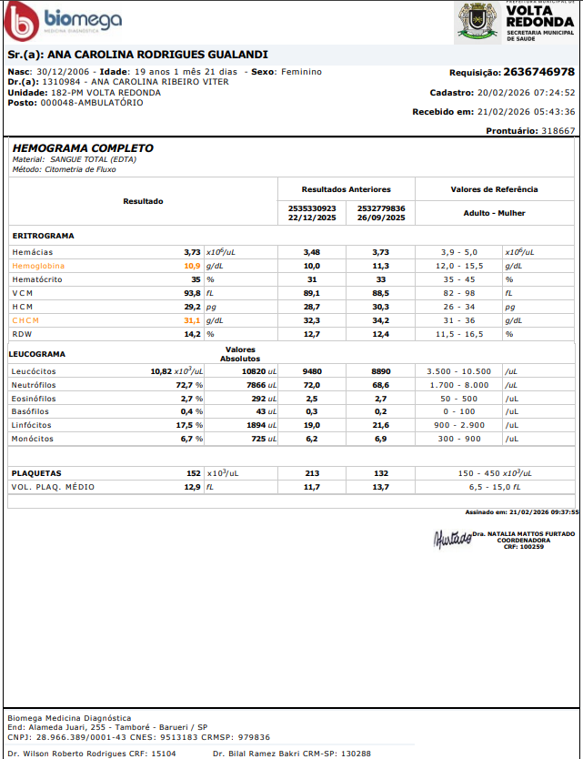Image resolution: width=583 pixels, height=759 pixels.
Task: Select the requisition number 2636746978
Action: (x=538, y=72)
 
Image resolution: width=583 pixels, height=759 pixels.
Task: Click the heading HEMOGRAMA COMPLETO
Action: (x=83, y=148)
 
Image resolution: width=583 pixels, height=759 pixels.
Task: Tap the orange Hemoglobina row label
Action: (x=37, y=266)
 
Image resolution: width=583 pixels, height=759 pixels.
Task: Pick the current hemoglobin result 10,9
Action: (x=192, y=266)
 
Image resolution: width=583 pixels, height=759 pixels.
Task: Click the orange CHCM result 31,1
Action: (x=192, y=320)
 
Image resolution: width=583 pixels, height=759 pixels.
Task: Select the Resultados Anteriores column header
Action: (x=346, y=189)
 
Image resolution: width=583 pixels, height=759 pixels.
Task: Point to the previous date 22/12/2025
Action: (x=312, y=218)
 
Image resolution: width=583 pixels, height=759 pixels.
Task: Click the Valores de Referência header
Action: (x=494, y=189)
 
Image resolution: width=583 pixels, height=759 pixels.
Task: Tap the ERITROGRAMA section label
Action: (x=44, y=236)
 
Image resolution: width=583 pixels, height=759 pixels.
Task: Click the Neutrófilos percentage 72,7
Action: (x=188, y=385)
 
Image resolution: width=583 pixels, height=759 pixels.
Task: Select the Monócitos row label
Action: (x=33, y=439)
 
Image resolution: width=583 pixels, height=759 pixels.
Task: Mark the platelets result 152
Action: (x=193, y=473)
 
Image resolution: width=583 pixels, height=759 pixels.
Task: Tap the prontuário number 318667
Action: (x=558, y=131)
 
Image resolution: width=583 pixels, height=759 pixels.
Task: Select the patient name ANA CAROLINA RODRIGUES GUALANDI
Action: (x=157, y=55)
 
